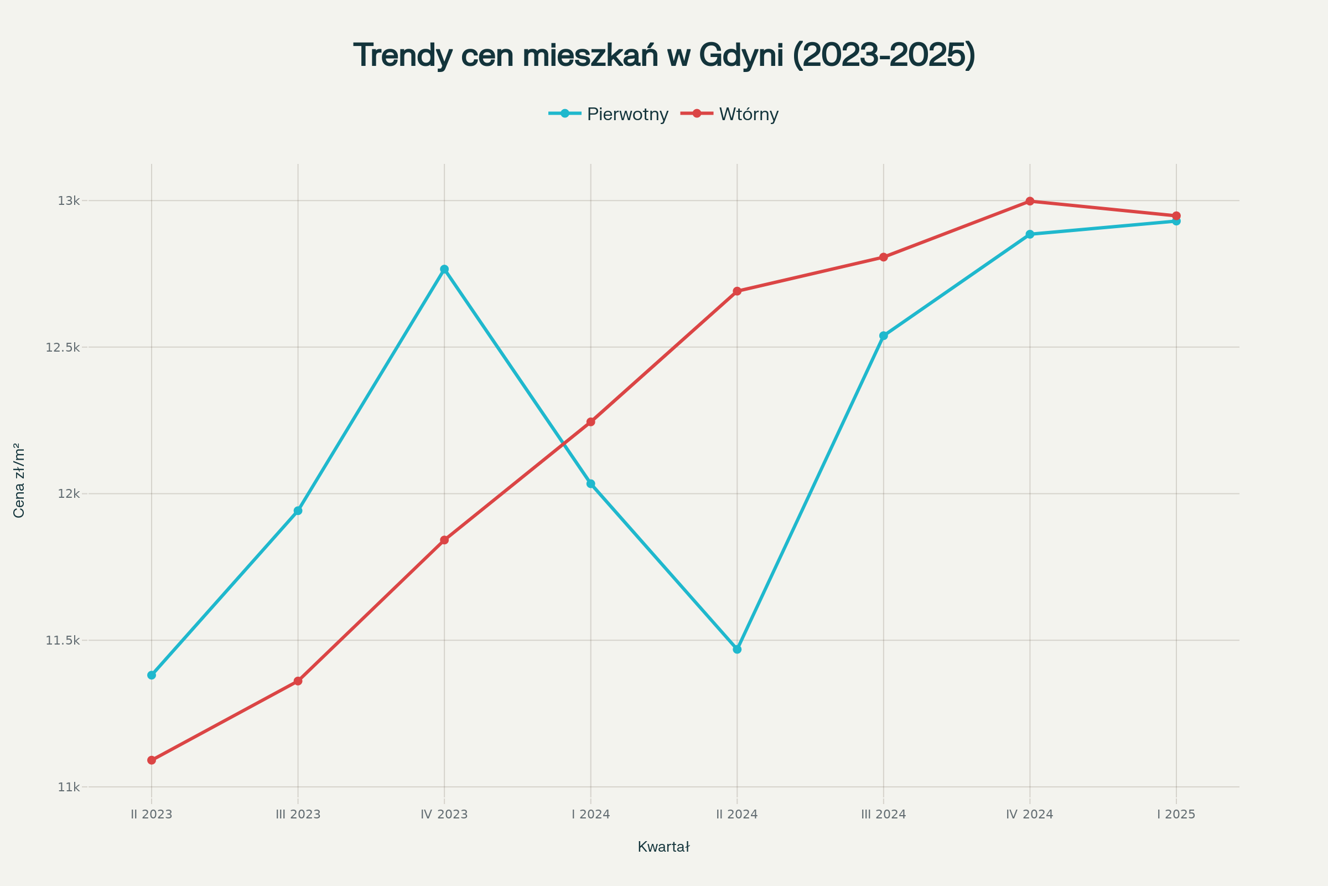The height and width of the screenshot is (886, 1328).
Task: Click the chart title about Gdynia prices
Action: [x=664, y=55]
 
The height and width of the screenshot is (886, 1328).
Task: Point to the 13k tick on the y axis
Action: [x=68, y=200]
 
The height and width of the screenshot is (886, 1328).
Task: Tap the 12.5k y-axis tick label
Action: [x=63, y=347]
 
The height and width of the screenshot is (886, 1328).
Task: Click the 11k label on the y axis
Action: [x=68, y=787]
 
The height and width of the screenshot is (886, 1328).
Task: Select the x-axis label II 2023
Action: [x=151, y=815]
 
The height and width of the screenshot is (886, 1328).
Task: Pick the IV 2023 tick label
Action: [x=444, y=815]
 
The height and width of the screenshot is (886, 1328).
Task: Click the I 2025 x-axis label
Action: [x=1176, y=815]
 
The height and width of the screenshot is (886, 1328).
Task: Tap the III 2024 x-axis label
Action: [x=883, y=815]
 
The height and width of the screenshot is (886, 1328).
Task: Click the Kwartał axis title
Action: [x=663, y=847]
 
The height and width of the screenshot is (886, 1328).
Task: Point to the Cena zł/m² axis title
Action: [x=19, y=480]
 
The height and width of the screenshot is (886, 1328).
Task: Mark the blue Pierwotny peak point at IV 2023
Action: [x=444, y=269]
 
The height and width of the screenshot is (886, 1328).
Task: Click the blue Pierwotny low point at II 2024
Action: [x=737, y=649]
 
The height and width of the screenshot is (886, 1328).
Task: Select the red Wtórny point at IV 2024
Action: [x=1030, y=201]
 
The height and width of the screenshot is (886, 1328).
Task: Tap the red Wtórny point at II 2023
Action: [x=151, y=760]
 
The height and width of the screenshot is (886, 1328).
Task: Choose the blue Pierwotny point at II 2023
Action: [x=151, y=675]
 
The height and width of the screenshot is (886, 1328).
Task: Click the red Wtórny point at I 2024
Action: [x=590, y=421]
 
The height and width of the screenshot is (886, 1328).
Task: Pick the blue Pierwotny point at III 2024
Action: [x=884, y=336]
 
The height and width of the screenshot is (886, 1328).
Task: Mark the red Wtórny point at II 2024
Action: [x=737, y=291]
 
